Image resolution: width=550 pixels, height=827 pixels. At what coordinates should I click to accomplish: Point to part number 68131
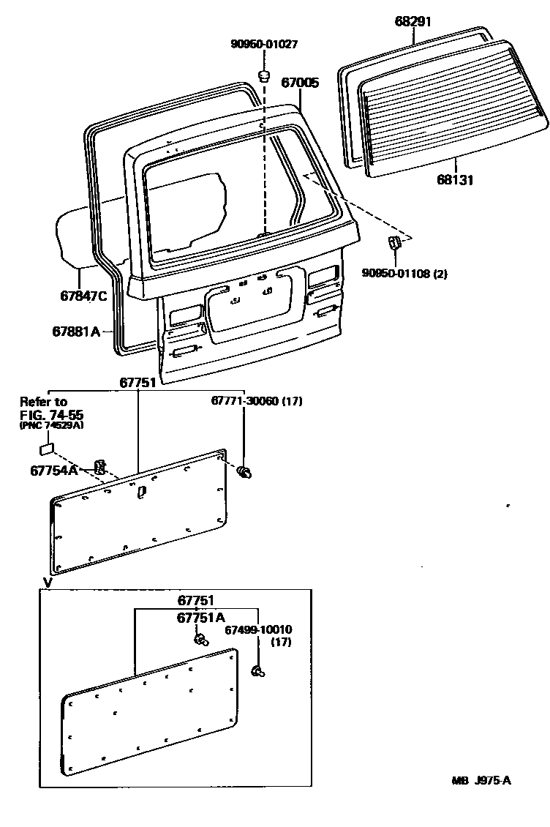tap(455, 180)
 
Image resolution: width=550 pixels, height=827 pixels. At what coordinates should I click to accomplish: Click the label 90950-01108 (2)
tap(404, 274)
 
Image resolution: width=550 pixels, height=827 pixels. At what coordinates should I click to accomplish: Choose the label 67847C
tap(83, 296)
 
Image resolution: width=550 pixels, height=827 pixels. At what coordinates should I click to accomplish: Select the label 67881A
tap(76, 332)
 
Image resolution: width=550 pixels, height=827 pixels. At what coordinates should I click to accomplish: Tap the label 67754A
tap(54, 471)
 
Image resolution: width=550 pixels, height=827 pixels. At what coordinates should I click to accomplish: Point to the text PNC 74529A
tap(51, 427)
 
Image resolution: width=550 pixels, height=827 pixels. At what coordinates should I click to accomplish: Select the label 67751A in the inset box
tap(201, 618)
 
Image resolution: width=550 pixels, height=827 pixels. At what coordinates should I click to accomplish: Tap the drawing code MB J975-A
tap(481, 781)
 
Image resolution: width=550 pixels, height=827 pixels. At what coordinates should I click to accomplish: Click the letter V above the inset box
tap(48, 583)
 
